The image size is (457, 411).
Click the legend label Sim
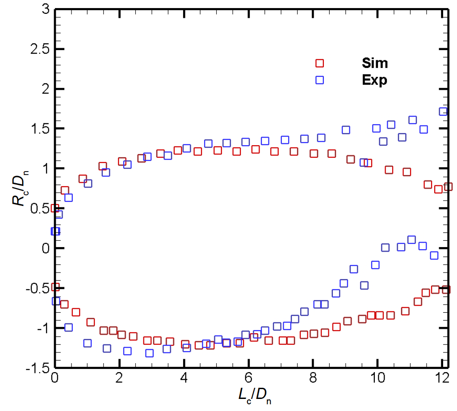[374, 63]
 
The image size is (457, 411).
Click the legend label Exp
[374, 80]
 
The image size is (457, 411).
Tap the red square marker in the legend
[319, 63]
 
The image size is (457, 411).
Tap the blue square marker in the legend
[319, 80]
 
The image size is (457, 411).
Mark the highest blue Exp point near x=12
[444, 111]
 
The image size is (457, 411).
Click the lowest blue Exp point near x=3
[150, 353]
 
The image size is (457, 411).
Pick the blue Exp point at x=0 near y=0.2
[55, 231]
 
